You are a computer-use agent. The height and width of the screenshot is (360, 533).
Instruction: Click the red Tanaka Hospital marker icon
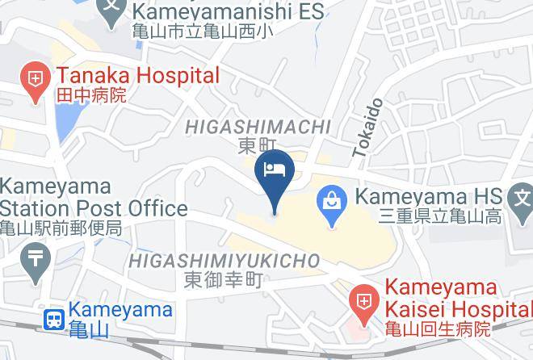36,81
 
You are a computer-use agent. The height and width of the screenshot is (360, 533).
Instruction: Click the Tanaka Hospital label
137,77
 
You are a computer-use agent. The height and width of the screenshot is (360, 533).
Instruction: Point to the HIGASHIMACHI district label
258,127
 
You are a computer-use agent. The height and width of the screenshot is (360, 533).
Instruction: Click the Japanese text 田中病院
90,96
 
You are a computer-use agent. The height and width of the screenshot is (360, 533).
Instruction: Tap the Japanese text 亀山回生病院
437,329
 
